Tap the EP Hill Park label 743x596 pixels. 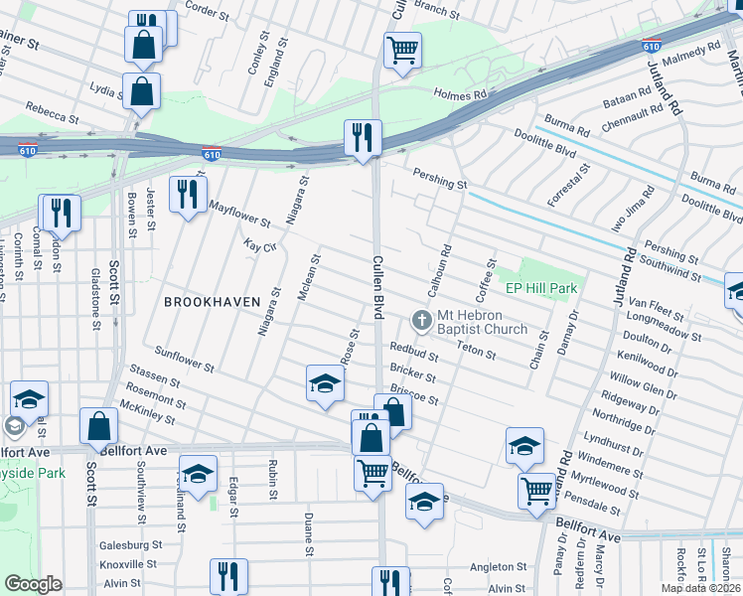(x=541, y=288)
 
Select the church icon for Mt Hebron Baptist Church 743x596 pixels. (x=421, y=320)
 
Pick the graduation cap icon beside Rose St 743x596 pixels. (x=325, y=383)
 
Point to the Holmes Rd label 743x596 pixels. (x=460, y=94)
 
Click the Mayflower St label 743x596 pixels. (x=240, y=213)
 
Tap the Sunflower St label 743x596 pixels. (x=185, y=359)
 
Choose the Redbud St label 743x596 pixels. (x=414, y=350)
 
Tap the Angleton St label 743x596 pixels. (x=498, y=566)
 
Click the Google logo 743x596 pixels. (x=33, y=584)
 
